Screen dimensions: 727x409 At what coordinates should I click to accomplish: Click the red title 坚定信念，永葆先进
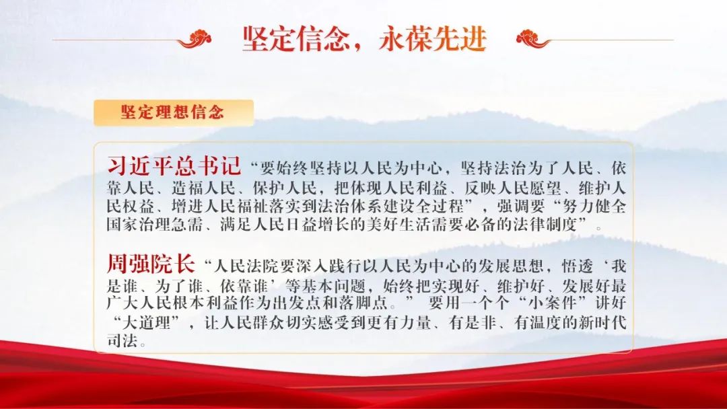364,38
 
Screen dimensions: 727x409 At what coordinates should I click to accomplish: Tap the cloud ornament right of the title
533,39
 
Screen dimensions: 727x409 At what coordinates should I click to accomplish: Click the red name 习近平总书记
174,166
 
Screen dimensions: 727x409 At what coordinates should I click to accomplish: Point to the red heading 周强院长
151,264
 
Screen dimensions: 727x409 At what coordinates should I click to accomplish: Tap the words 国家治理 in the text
139,225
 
